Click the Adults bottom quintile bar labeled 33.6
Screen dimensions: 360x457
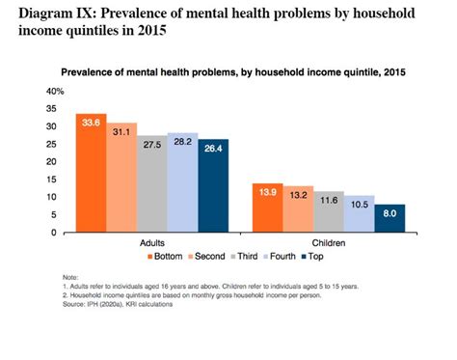pos(92,174)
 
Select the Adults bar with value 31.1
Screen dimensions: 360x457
pos(121,179)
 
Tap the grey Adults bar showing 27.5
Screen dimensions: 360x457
pos(152,184)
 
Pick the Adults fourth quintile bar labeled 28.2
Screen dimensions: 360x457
pos(182,183)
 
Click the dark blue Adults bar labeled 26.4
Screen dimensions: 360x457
pos(212,186)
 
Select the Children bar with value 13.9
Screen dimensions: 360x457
pos(267,208)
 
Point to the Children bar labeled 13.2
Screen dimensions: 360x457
pos(298,209)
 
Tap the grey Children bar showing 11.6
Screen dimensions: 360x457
pos(329,212)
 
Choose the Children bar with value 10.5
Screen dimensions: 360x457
pos(360,214)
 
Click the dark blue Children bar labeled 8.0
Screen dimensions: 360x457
pos(390,218)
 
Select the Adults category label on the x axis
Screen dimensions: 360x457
pos(152,242)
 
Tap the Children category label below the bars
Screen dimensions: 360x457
pos(329,242)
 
